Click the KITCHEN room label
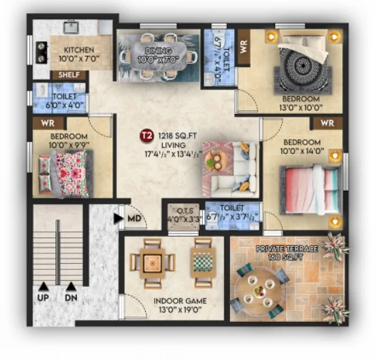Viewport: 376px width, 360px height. (79, 50)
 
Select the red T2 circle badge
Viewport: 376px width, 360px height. (146, 136)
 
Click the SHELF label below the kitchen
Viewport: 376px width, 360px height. (69, 75)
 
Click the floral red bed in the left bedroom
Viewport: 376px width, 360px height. (65, 173)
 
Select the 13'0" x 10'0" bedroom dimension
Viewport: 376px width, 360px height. (300, 107)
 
